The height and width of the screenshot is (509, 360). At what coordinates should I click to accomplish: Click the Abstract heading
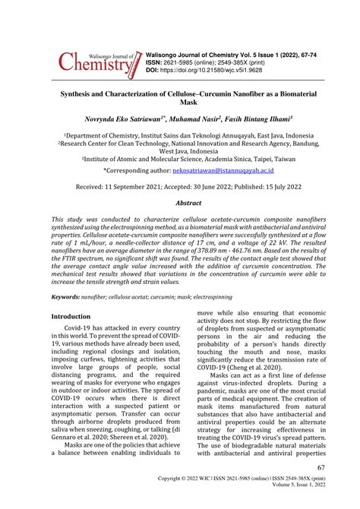point(189,204)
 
